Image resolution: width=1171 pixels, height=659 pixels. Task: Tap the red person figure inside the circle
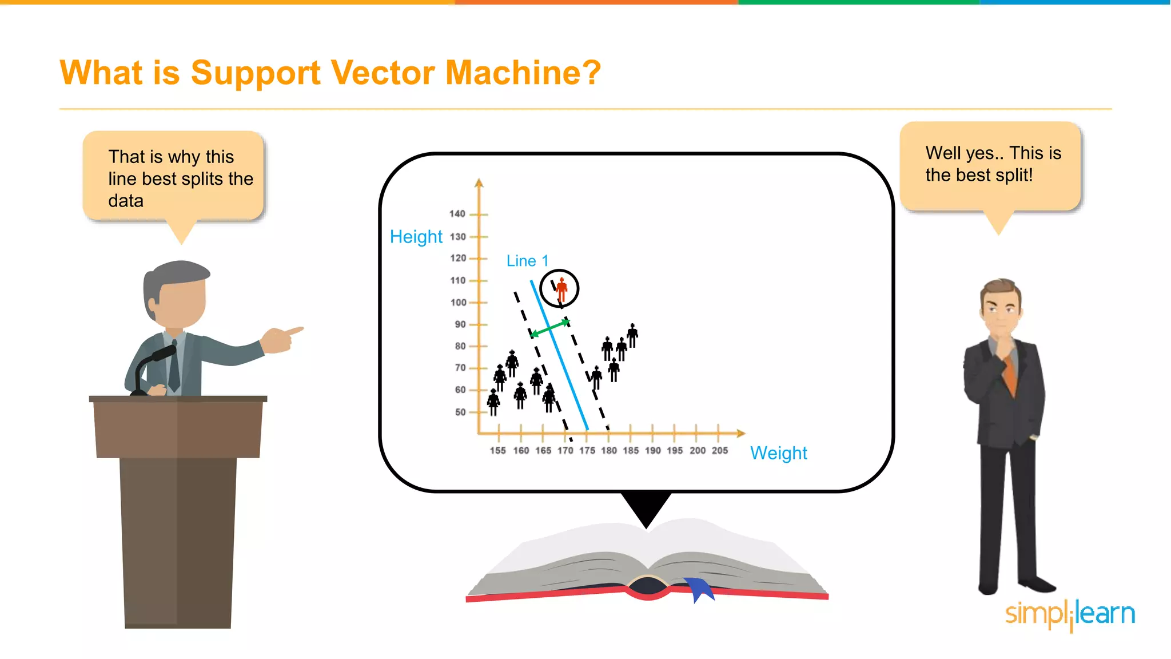(x=561, y=289)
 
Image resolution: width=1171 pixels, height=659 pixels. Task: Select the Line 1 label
(x=527, y=261)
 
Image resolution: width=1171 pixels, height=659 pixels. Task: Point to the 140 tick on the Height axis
(x=457, y=214)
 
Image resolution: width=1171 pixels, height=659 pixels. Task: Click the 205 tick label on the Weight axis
(x=719, y=451)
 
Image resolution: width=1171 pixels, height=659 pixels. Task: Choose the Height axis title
(x=416, y=237)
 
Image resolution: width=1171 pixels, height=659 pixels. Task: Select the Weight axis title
(x=778, y=453)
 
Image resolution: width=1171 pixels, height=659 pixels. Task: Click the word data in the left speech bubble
(x=126, y=201)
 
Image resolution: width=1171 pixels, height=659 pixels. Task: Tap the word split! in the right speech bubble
(x=1014, y=175)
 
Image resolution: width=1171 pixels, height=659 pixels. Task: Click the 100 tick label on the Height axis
(x=459, y=303)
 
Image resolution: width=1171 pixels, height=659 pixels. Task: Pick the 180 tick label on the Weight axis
(x=609, y=451)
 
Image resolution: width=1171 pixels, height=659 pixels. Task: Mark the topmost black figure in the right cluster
(x=632, y=335)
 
